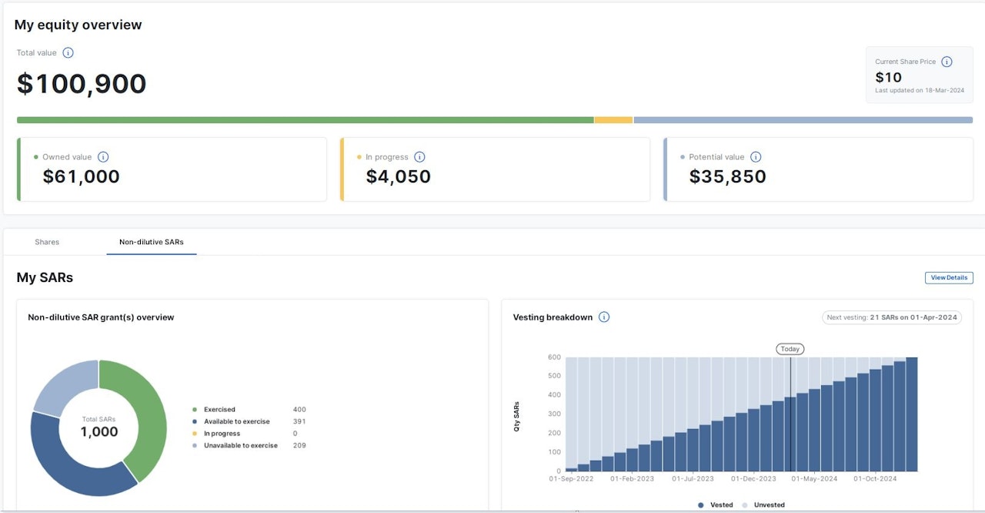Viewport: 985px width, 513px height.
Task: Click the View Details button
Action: coord(949,278)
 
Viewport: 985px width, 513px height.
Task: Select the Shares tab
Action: coord(47,242)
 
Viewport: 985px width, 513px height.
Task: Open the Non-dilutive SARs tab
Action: coord(152,242)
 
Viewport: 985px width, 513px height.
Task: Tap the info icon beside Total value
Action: coord(68,53)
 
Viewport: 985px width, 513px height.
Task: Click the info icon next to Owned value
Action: coord(103,157)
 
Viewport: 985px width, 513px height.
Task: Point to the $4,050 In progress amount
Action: coord(398,176)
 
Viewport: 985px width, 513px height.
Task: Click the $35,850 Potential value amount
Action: coord(727,176)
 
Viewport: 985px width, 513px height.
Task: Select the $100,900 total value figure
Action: coord(82,84)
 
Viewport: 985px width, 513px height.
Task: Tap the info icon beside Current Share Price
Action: coord(947,62)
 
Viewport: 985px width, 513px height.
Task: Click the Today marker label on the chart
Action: coord(790,349)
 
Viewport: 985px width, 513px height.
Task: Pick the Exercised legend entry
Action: coord(219,410)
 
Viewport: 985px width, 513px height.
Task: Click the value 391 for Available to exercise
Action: coord(299,421)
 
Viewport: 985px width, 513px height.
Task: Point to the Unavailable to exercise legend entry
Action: coord(240,445)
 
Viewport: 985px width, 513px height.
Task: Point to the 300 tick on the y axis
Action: coord(554,414)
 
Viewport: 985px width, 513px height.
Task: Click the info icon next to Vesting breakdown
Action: coord(604,317)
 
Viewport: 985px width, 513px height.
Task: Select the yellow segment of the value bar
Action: coord(613,120)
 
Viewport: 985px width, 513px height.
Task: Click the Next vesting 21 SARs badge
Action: coord(891,317)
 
